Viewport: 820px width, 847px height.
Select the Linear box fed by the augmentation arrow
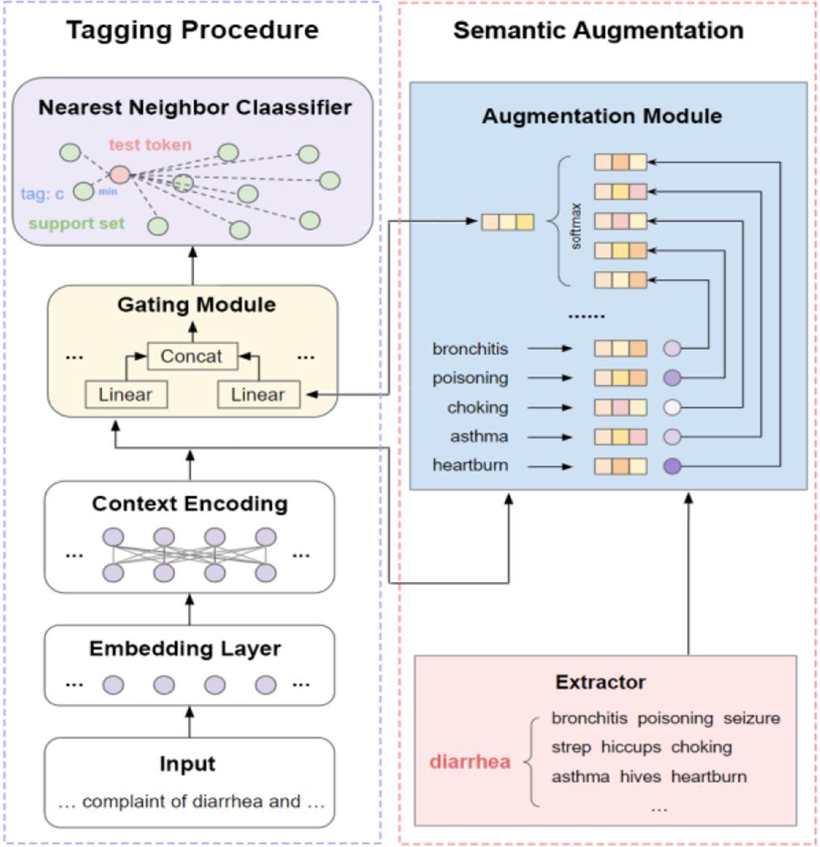[258, 394]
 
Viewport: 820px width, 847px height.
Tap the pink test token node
[119, 174]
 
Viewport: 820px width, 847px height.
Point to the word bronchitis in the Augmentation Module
[471, 348]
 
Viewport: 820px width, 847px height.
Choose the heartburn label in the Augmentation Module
[471, 465]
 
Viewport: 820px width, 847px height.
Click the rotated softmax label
[576, 231]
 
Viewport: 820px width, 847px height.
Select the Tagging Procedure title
[192, 31]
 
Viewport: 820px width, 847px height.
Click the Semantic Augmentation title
[598, 31]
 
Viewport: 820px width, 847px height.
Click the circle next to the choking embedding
[673, 407]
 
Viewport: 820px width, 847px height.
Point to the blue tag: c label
[42, 194]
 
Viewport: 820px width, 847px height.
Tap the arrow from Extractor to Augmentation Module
[688, 573]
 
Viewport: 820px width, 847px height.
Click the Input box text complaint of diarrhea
[189, 801]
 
